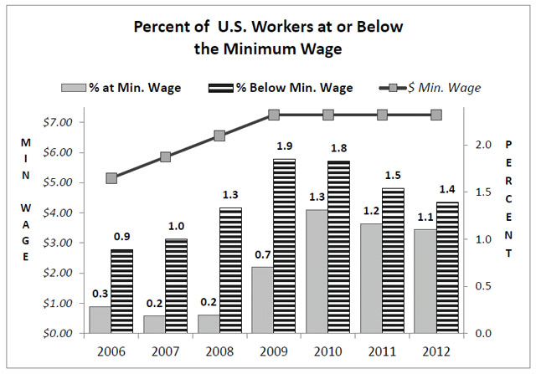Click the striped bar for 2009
tap(285, 246)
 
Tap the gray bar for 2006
tap(99, 320)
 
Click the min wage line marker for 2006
tap(111, 177)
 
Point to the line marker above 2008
tap(219, 136)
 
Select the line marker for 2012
tap(436, 115)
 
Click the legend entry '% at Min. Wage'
tap(118, 87)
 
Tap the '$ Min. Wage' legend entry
tap(435, 87)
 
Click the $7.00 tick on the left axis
tap(59, 122)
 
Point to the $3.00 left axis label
tap(59, 243)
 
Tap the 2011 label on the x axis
tap(382, 350)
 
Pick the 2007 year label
tap(166, 350)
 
